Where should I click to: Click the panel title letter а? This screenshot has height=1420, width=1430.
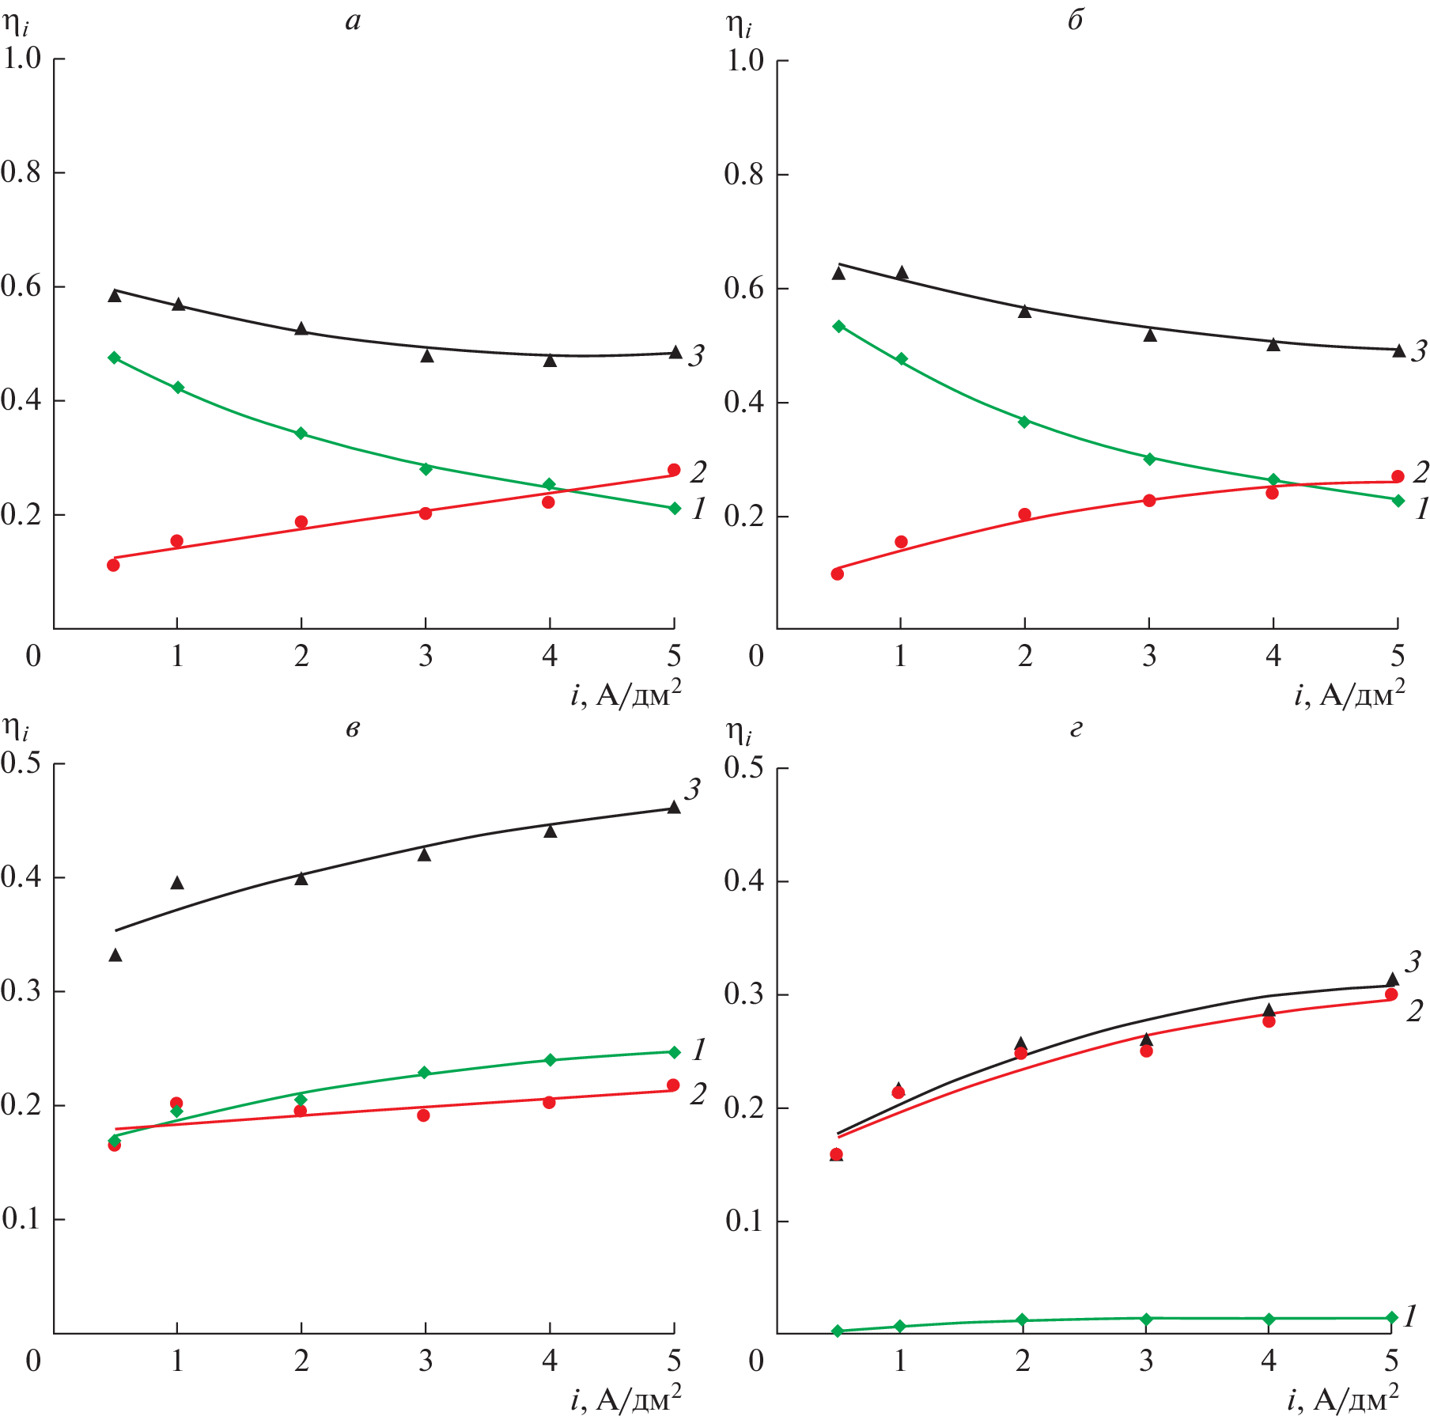pos(353,21)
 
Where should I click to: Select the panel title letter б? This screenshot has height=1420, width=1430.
pos(1075,20)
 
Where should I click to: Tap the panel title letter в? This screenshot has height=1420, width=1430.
pos(353,728)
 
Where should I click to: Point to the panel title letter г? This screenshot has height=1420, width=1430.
pos(1076,728)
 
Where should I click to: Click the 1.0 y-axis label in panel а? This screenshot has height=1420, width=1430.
pos(22,58)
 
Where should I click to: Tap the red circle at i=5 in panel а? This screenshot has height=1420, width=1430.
pos(674,470)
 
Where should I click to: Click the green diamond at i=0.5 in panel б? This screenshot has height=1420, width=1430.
pos(839,326)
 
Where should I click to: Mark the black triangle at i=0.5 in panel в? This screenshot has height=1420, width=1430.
pos(115,955)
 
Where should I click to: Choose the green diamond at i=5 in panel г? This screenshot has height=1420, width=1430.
pos(1392,1317)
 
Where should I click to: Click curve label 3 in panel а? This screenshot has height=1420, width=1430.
pos(696,357)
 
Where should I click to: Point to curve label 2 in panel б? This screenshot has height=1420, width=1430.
pos(1421,472)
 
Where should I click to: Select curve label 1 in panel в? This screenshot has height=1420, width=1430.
pos(698,1050)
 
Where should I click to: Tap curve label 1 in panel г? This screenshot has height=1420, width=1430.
pos(1410,1316)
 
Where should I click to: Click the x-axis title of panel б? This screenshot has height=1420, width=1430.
pos(1349,694)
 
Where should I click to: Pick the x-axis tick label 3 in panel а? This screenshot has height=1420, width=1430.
pos(426,656)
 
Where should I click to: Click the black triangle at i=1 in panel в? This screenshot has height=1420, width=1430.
pos(177,882)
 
